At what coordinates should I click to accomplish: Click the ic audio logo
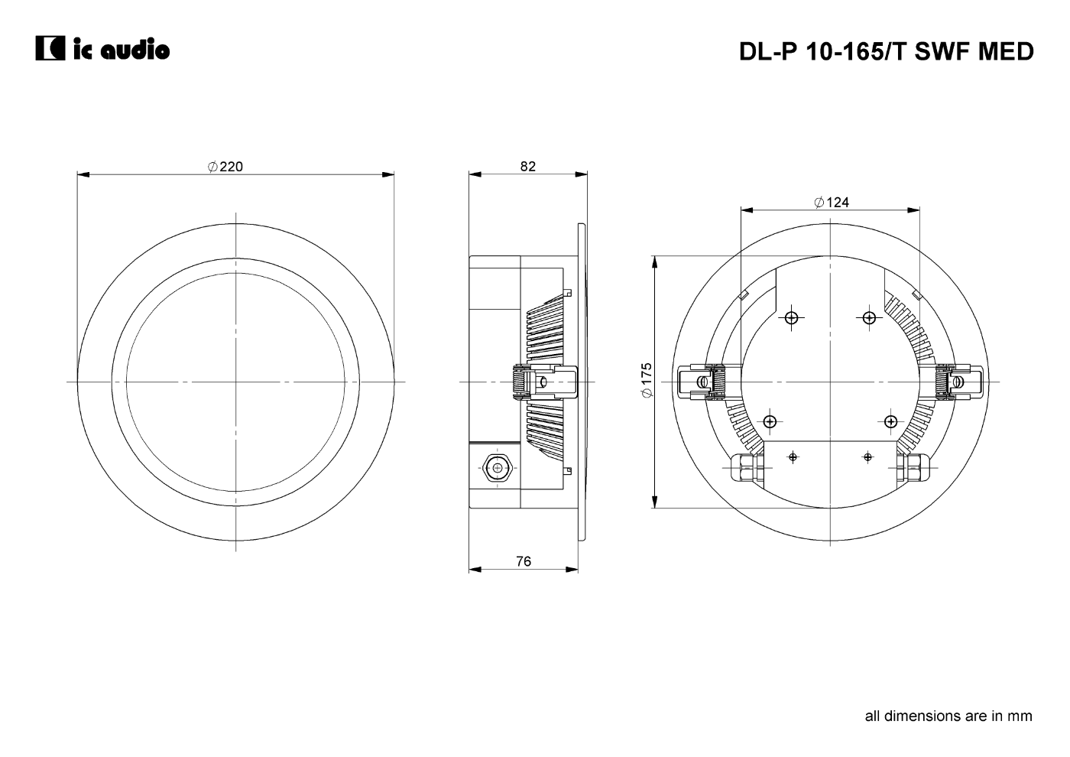102,48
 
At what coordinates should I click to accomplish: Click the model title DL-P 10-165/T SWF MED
886,52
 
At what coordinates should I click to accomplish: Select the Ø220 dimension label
225,167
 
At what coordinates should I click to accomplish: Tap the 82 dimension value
528,167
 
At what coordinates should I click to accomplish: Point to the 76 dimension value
524,561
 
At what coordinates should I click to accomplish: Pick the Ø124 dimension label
832,202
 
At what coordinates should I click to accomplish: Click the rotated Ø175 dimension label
647,380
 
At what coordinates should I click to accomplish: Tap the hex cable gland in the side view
498,468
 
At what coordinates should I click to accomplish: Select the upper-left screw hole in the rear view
792,317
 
